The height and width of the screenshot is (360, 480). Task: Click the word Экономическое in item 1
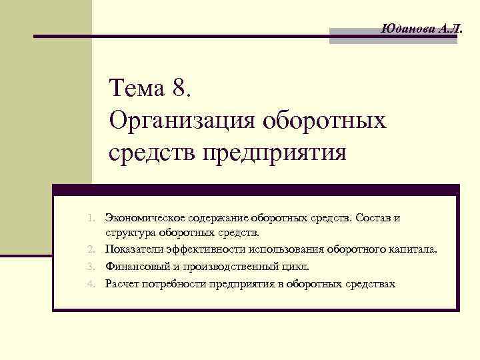(139, 218)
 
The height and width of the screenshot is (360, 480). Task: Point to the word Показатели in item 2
(131, 250)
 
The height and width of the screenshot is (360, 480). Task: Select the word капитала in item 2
(413, 250)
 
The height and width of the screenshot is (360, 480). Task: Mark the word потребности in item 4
(171, 283)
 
